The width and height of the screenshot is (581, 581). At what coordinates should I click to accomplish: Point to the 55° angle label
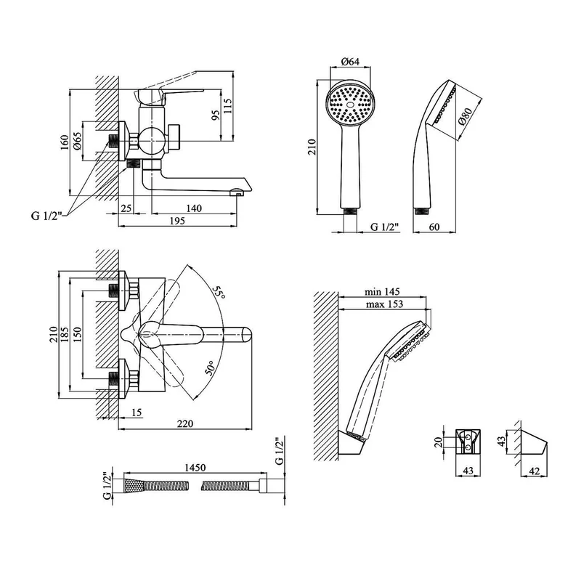tap(218, 294)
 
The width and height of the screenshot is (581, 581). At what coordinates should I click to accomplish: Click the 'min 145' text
tap(383, 292)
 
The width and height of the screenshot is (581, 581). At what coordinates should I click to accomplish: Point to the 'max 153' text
tap(383, 304)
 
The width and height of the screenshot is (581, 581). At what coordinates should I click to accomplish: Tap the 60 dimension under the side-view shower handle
tap(434, 228)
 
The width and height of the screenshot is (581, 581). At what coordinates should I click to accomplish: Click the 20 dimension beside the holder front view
tap(436, 442)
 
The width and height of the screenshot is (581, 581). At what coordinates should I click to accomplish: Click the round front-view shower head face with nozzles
tap(351, 106)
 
